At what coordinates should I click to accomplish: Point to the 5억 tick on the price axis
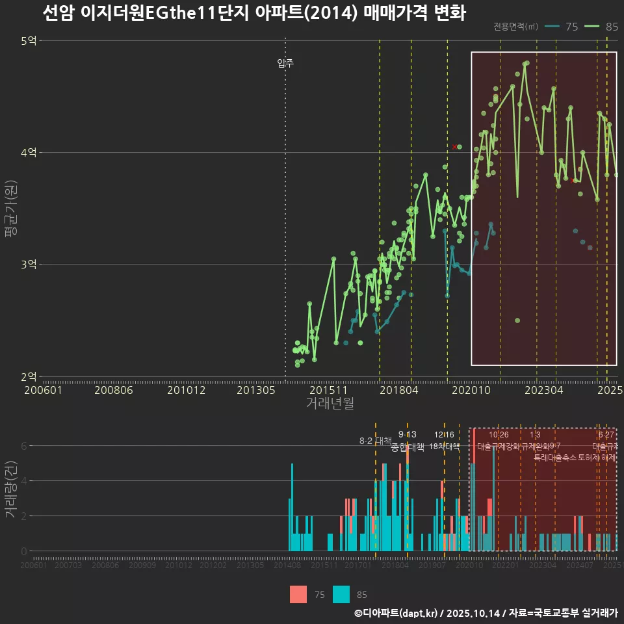(x=29, y=41)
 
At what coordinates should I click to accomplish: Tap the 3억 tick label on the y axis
(x=29, y=265)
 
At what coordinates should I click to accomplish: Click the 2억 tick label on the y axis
(x=29, y=376)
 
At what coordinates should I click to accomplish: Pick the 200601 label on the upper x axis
(x=43, y=391)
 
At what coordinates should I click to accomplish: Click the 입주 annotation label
(x=285, y=63)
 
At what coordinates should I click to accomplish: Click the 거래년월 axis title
(x=330, y=404)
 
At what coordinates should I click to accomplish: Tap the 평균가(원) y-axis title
(x=11, y=209)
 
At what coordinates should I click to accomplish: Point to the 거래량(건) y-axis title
(x=11, y=489)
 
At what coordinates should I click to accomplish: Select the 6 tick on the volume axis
(x=23, y=446)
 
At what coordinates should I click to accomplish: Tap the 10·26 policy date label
(x=499, y=435)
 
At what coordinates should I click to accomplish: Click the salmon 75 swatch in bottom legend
(x=298, y=594)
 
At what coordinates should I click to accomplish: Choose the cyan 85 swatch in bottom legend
(x=341, y=594)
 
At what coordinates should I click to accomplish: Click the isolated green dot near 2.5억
(x=517, y=320)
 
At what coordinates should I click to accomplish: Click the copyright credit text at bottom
(x=486, y=613)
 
